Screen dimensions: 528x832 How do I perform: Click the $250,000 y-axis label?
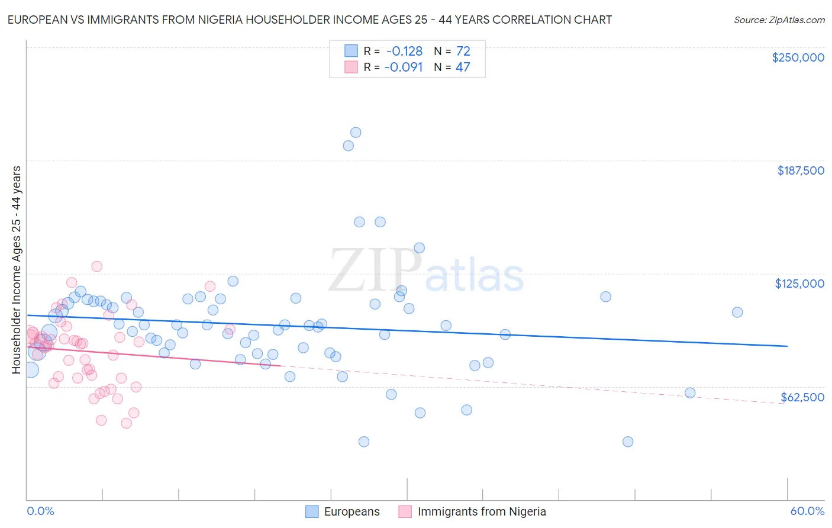point(798,57)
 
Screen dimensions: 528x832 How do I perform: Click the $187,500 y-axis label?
point(800,170)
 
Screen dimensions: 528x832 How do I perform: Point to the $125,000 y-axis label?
point(799,284)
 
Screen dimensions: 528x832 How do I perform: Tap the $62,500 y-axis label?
point(802,397)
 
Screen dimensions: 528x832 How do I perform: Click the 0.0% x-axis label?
point(40,511)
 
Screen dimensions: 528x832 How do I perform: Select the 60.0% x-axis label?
point(807,511)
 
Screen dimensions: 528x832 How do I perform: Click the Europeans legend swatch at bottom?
point(312,511)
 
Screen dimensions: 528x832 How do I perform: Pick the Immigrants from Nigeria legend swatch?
point(405,511)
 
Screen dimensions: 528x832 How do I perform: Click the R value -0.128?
point(404,51)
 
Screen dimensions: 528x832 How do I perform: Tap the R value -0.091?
point(404,67)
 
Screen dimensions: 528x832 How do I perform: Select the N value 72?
point(463,51)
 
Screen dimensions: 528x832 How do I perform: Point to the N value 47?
point(463,67)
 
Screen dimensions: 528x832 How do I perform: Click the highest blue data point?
point(356,133)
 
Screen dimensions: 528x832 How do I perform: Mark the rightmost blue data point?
point(737,312)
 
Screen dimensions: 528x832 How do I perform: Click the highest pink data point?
point(96,266)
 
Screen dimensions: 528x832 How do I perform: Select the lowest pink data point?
point(126,423)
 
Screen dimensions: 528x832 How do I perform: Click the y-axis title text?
point(16,270)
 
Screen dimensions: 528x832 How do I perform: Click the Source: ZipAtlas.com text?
point(779,20)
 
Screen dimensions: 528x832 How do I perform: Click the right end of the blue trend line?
point(787,346)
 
